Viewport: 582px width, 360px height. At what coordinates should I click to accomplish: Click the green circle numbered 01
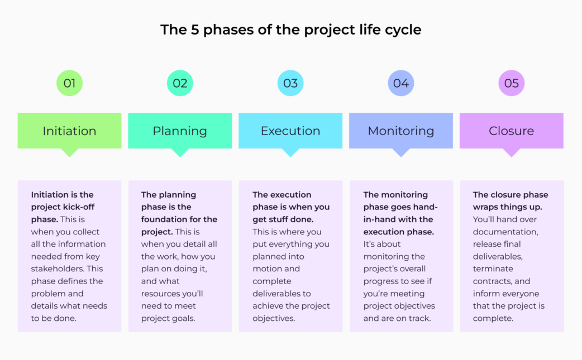coord(69,84)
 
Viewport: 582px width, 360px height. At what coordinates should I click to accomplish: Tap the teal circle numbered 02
coord(180,84)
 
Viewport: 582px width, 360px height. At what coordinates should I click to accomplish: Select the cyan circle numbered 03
coord(290,84)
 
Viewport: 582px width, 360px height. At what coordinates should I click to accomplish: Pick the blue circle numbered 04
coord(401,84)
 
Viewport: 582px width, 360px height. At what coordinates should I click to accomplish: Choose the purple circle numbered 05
coord(512,84)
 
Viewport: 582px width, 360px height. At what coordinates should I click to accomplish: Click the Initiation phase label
coord(69,131)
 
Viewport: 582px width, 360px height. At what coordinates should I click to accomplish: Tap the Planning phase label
coord(180,131)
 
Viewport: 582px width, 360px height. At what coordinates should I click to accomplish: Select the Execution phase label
coord(290,131)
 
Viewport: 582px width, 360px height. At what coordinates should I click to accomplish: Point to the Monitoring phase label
coord(401,131)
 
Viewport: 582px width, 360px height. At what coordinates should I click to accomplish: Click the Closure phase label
coord(512,131)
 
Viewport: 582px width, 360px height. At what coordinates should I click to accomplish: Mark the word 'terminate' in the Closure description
coord(493,269)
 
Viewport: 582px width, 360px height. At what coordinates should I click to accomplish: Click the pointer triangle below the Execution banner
coord(290,152)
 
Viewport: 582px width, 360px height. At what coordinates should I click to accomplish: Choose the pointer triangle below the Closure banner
coord(512,152)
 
